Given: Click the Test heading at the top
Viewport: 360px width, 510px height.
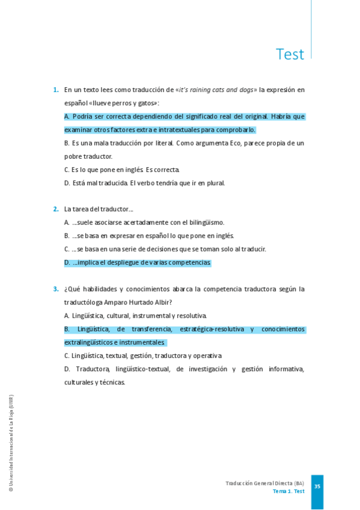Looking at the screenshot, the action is pos(290,55).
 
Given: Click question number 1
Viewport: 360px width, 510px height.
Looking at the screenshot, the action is pos(55,90).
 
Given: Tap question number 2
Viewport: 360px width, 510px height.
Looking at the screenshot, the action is pos(55,209).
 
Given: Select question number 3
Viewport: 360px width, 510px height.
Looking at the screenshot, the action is pos(55,289).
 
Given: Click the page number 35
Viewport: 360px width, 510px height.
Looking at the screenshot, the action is pos(317,487).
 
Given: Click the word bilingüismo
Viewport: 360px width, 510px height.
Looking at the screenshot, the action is pos(205,223).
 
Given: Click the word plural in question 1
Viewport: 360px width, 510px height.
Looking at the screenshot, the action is pos(213,183).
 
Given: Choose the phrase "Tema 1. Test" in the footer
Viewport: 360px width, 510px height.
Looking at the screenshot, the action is pos(288,491).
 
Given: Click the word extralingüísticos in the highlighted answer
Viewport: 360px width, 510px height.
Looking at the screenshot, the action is pos(88,342).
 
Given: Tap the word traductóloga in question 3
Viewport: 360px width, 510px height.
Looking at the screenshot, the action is pos(83,303).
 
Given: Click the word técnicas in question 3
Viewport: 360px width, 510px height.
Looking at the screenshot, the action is pos(112,382).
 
